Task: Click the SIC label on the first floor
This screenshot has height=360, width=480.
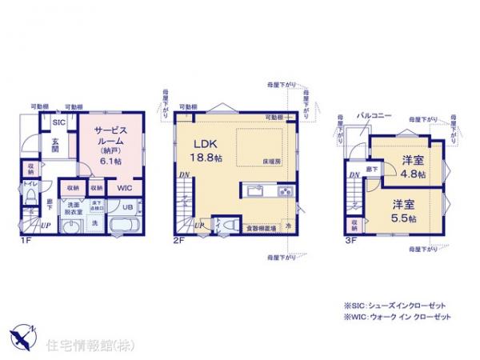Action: point(58,122)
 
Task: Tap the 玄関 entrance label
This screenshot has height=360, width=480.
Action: point(55,144)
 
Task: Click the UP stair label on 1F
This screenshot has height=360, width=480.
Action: point(45,226)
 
